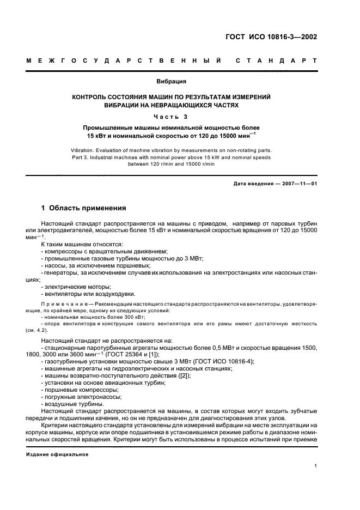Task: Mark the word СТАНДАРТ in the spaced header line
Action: [276, 60]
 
